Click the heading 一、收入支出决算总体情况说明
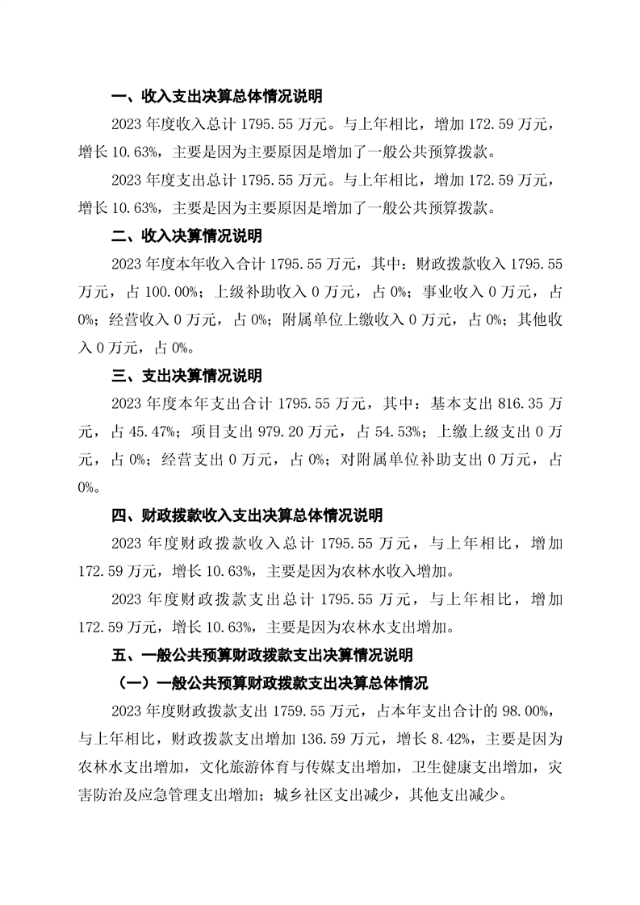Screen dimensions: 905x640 coord(216,97)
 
